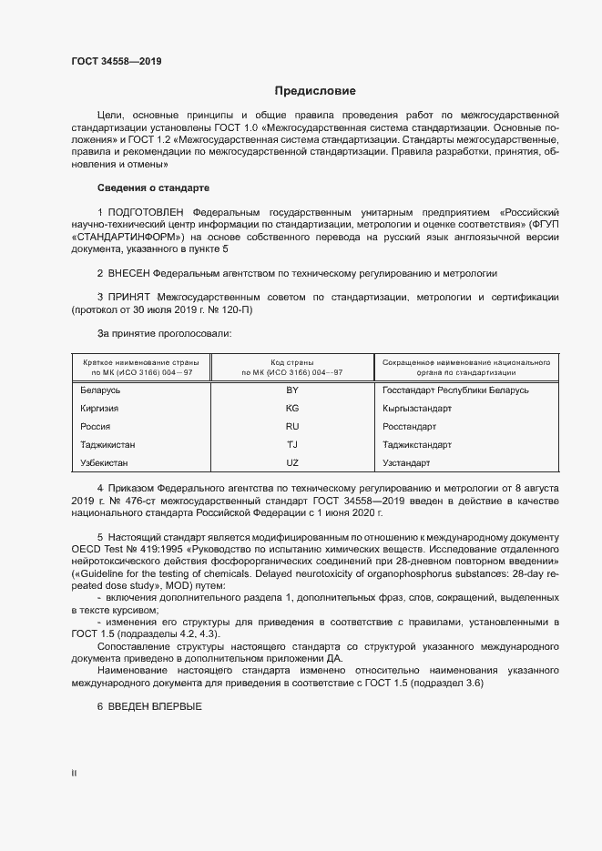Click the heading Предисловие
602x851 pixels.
(x=316, y=91)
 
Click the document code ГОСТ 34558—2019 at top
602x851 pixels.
(x=116, y=62)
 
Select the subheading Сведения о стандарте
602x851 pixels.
(x=153, y=187)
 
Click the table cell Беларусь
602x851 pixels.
(x=100, y=390)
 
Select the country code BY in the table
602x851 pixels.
(x=292, y=390)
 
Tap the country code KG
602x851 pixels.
(x=292, y=408)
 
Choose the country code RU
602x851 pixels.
(x=292, y=426)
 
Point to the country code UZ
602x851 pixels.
(x=292, y=462)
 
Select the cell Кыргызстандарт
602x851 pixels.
(x=417, y=408)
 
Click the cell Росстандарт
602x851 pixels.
(x=410, y=426)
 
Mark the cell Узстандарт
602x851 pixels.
(x=406, y=462)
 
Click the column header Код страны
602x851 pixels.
(x=292, y=361)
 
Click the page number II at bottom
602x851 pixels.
(x=74, y=773)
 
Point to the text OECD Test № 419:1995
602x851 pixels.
(x=124, y=551)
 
